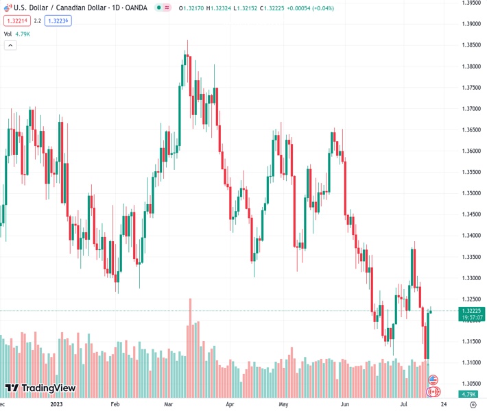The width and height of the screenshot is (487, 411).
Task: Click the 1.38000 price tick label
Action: pos(471,66)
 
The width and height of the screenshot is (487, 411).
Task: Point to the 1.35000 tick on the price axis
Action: pos(471,193)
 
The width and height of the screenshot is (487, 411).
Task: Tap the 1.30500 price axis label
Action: pos(471,384)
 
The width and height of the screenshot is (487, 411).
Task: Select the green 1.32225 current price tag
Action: pos(471,310)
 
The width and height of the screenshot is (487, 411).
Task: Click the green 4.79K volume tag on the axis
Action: pos(471,395)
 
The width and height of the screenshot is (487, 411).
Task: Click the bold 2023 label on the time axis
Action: pos(57,405)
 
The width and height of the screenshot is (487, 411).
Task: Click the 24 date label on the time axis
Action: pos(443,405)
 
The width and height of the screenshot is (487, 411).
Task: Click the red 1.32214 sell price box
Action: pos(16,21)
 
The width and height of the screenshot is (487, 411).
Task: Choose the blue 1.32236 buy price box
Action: pos(58,21)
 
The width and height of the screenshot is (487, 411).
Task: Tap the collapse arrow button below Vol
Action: pos(10,45)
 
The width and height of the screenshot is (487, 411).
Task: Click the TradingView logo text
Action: pos(48,389)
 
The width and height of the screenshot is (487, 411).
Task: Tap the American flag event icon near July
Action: pos(433,379)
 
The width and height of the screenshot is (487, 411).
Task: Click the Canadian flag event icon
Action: pos(433,392)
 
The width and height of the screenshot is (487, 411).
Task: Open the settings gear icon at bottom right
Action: pos(473,405)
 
